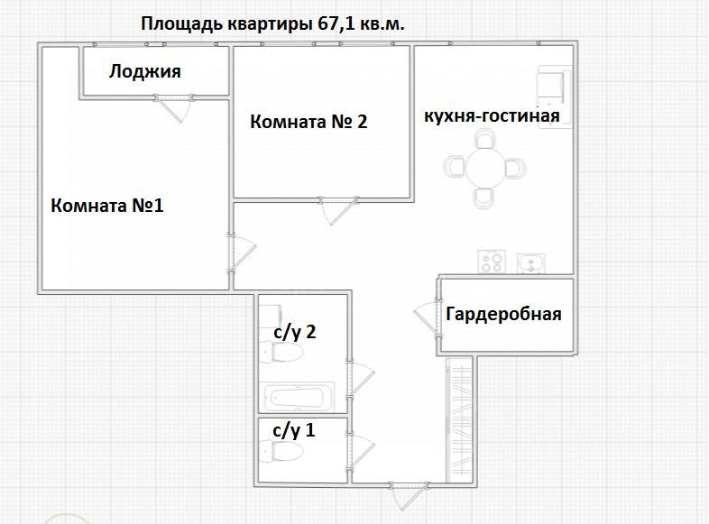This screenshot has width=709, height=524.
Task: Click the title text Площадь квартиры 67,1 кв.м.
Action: point(272,24)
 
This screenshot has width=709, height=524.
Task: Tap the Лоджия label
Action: point(145,72)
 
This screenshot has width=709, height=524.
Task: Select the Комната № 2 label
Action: point(308,122)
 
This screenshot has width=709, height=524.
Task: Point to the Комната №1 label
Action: point(107,206)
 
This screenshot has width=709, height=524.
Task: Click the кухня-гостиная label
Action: point(493,115)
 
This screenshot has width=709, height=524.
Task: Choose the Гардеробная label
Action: point(503,314)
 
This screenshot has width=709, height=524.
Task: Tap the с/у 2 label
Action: point(294,332)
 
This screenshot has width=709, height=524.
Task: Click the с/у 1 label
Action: point(294,429)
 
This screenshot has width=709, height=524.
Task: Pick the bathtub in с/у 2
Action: point(298,396)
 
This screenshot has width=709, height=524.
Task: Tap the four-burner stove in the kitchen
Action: point(492,262)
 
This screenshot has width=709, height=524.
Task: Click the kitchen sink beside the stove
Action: point(531,262)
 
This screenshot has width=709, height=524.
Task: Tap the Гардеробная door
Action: point(426,316)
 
